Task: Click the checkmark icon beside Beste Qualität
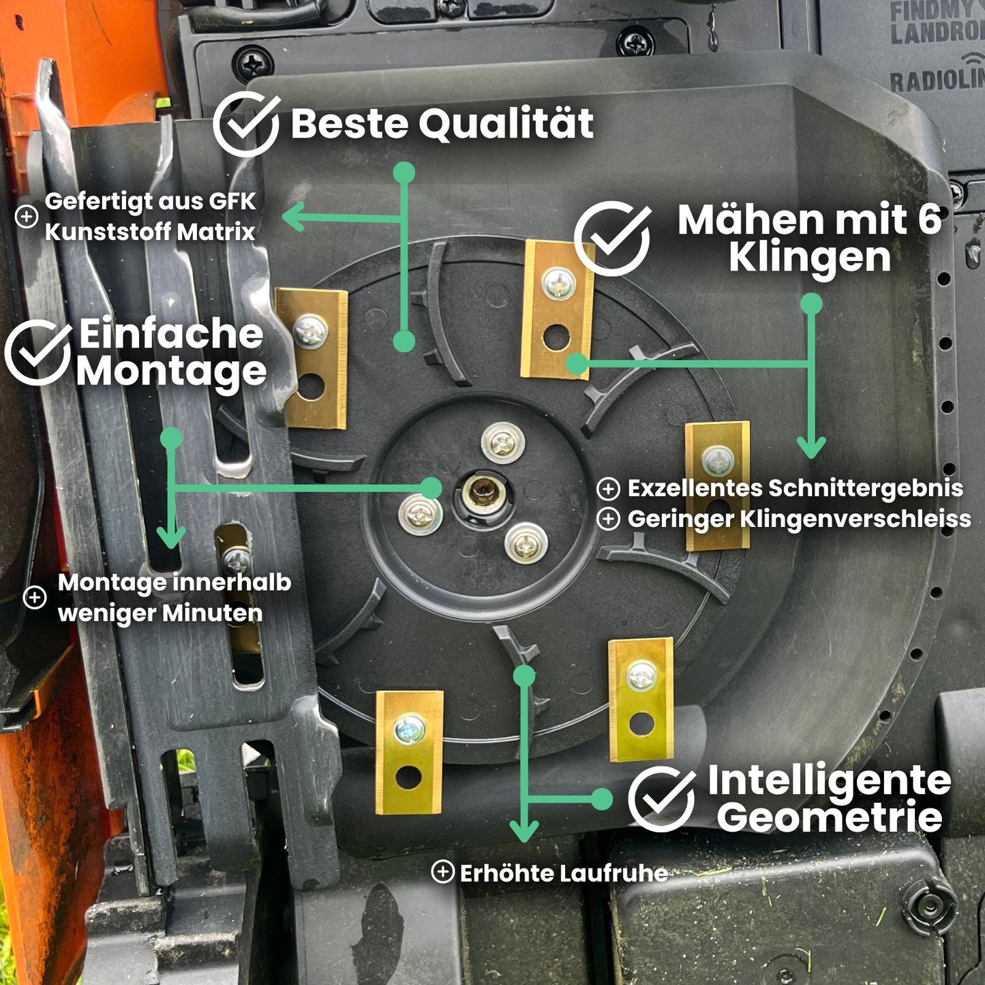tap(245, 125)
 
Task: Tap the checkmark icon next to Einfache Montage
tap(37, 352)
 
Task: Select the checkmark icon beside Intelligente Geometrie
tap(661, 799)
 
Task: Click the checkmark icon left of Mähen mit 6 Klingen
tap(612, 238)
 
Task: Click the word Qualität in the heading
tap(505, 124)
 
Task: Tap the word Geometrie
tap(829, 817)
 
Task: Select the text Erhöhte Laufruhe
tap(563, 873)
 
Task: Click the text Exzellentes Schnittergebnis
tap(795, 488)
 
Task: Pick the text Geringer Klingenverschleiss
tap(799, 519)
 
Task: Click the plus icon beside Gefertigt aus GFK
tap(27, 217)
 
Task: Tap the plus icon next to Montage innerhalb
tap(35, 597)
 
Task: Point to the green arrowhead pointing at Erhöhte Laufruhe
tap(524, 831)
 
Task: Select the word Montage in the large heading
tap(170, 372)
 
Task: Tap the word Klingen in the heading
tap(809, 258)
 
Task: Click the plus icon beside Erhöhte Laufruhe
tap(442, 871)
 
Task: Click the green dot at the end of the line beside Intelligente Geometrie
tap(602, 799)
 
